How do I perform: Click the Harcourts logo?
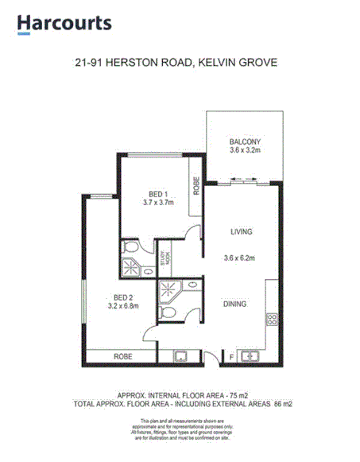click(64, 24)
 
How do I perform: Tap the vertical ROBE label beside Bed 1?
click(194, 184)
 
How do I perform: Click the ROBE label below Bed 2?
click(122, 356)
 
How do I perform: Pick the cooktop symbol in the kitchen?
click(271, 320)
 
